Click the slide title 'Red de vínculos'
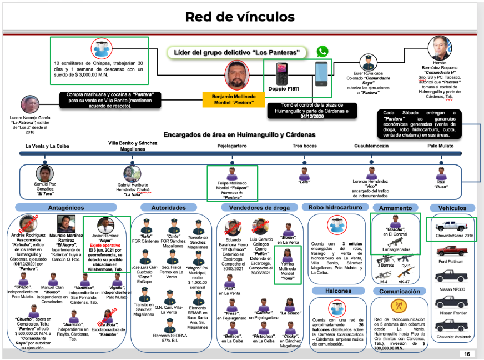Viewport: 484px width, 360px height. pyautogui.click(x=240, y=17)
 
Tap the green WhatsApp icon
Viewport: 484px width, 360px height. pyautogui.click(x=322, y=52)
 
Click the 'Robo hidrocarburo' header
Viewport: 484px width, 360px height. pyautogui.click(x=334, y=207)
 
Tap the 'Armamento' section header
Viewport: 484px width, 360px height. pyautogui.click(x=395, y=207)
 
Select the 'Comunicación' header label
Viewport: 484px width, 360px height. pyautogui.click(x=395, y=291)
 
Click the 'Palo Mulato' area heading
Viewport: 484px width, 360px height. pyautogui.click(x=442, y=146)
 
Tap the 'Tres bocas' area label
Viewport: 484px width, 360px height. pyautogui.click(x=305, y=146)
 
